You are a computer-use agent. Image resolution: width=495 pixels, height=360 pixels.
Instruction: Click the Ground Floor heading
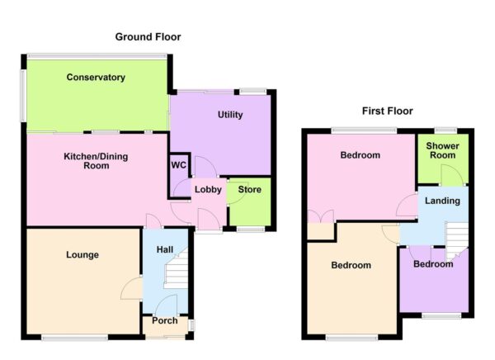[x=148, y=37]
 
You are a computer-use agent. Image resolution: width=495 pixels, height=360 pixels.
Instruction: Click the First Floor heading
[x=387, y=111]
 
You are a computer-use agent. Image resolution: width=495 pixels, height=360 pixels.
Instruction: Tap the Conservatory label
[x=97, y=78]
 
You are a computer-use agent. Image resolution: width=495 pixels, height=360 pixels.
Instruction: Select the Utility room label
[x=230, y=115]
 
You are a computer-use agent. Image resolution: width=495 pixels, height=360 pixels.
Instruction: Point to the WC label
[x=179, y=163]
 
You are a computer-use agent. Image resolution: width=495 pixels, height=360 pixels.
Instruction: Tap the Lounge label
[x=82, y=255]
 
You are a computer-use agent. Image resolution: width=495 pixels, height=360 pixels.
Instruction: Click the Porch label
[x=165, y=320]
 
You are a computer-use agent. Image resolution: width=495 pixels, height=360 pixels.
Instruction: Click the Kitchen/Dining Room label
[x=97, y=160]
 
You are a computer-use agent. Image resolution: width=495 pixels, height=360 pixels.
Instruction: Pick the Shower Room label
[x=441, y=151]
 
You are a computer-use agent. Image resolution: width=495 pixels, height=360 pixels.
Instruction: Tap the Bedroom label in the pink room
[x=360, y=155]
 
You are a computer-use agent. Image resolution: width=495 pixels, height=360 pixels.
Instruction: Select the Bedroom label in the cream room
[x=351, y=265]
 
